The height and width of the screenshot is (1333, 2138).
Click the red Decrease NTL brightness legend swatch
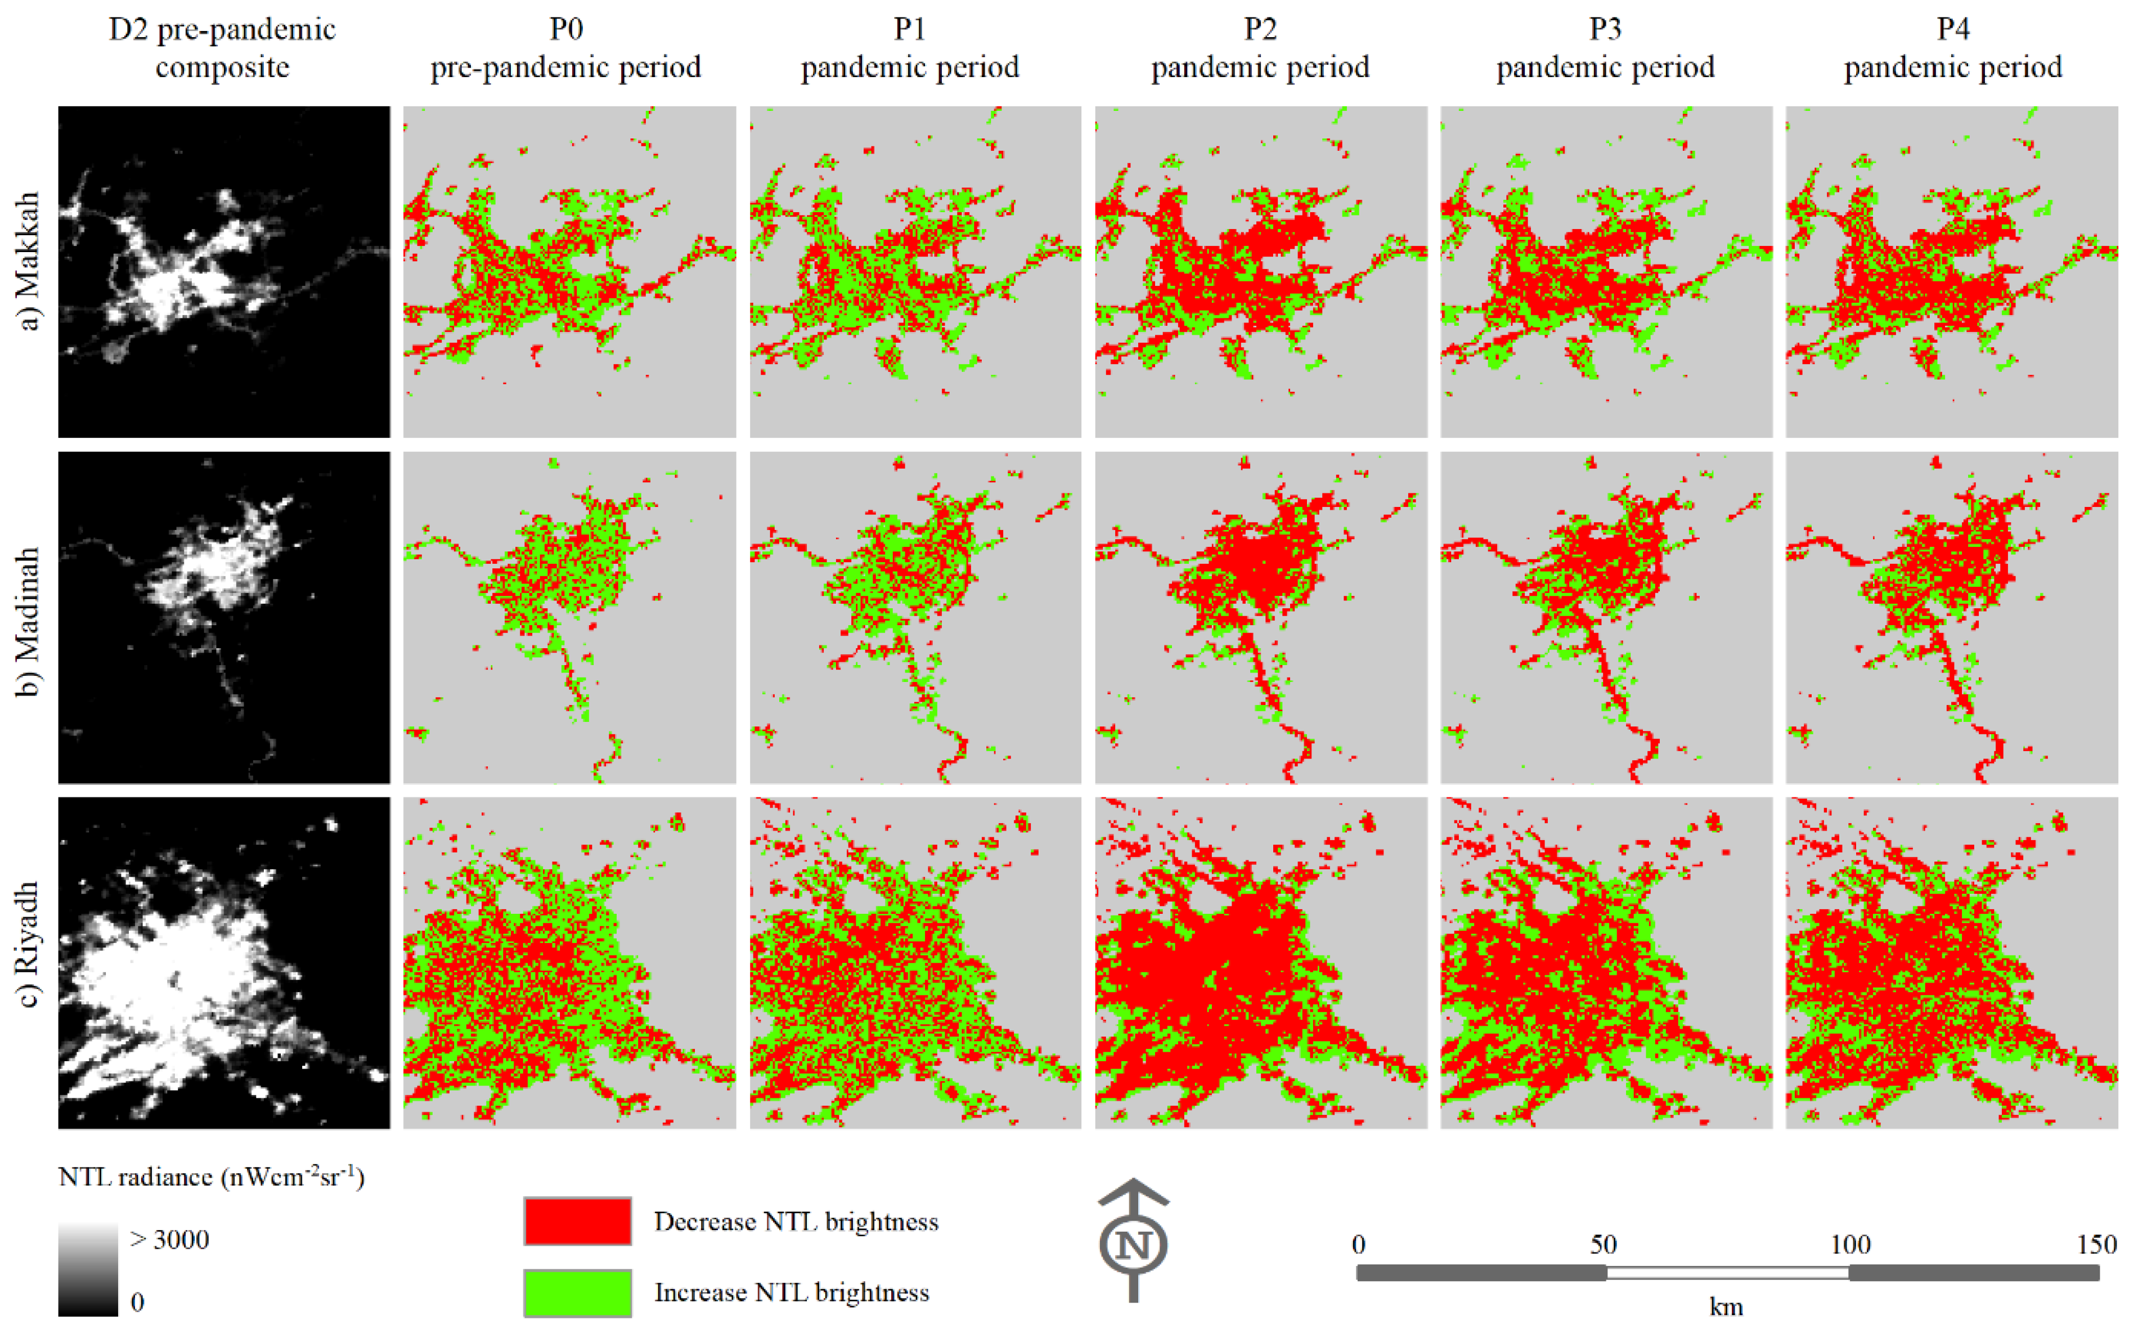coord(577,1221)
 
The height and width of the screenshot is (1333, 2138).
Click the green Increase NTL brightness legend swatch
coord(577,1292)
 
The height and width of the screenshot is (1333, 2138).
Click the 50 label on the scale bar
coord(1603,1245)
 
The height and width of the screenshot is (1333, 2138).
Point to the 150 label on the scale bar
coord(2096,1245)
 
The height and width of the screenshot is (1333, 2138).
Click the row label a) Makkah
coord(29,261)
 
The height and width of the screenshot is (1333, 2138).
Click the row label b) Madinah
coord(29,622)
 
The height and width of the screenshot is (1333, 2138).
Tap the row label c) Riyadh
coord(29,943)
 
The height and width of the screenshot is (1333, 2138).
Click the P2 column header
coord(1260,48)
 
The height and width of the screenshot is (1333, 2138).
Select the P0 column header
coord(566,48)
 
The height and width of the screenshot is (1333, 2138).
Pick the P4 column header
coord(1953,48)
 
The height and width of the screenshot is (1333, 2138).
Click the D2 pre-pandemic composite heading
coord(222,48)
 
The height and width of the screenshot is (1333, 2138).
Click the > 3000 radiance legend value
coord(169,1240)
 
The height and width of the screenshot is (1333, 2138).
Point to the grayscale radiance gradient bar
coord(88,1269)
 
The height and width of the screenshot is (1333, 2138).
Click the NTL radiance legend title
coord(212,1177)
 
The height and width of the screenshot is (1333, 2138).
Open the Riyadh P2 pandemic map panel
coord(1260,963)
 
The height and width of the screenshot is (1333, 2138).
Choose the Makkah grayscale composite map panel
coord(224,272)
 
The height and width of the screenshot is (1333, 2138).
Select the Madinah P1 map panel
coord(915,617)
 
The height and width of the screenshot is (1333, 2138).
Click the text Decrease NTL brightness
coord(796,1222)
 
